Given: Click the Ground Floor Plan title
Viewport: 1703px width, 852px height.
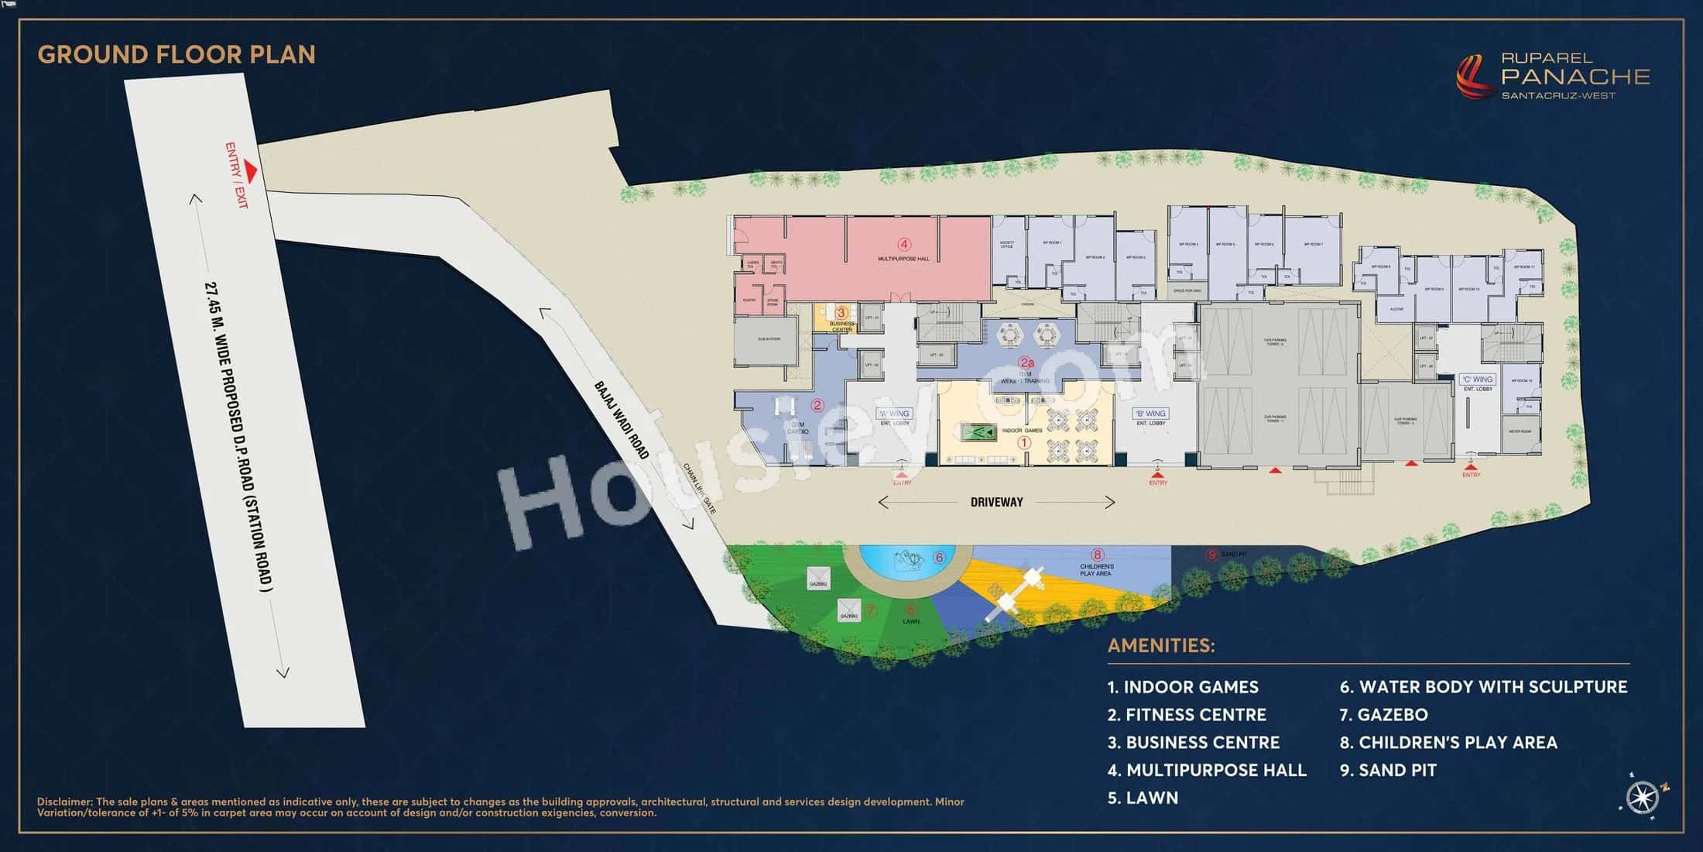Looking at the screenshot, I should [176, 54].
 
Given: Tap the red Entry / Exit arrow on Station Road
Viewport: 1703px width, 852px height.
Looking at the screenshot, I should [250, 169].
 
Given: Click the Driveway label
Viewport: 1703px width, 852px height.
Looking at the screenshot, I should [996, 502].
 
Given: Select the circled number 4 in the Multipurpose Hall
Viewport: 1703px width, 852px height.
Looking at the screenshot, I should [903, 245].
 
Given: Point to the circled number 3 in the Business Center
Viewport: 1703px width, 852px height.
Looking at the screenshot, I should [841, 313].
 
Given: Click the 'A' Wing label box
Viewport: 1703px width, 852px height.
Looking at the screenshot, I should [894, 414].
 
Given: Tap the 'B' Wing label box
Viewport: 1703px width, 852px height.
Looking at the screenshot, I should [1150, 414].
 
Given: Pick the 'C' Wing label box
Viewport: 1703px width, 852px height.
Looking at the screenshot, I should [1478, 380].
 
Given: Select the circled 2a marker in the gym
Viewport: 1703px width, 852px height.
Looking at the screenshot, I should [1026, 362].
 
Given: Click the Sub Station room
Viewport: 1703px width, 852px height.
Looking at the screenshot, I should [766, 341].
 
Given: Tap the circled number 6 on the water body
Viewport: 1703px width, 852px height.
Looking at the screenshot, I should [940, 557].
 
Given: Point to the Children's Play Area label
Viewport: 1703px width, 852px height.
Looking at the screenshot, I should [1095, 570].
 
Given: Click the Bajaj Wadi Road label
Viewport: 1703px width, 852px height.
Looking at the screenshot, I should [621, 419].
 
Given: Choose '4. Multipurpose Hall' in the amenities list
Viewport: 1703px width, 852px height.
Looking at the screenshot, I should [1207, 770].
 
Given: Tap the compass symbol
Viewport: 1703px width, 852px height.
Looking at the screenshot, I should [1642, 796].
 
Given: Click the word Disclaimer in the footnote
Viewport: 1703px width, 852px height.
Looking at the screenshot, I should [65, 802].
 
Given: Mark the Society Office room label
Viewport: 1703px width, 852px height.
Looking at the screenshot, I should [1006, 245].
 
